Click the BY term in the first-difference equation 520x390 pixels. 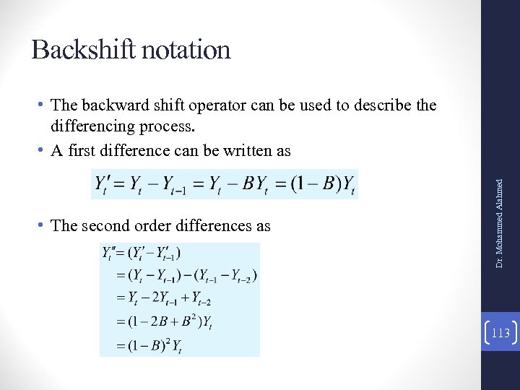259,186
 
